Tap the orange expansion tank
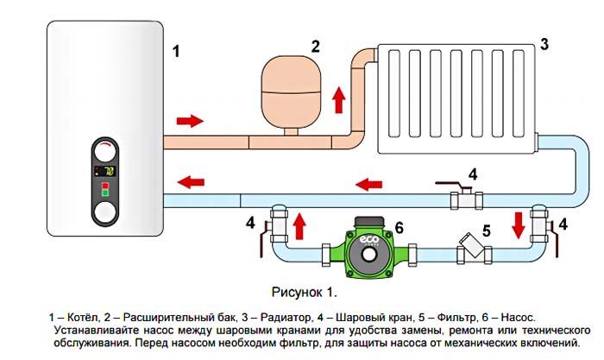(x=291, y=92)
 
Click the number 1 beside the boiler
(x=177, y=51)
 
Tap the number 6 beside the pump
(x=399, y=227)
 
